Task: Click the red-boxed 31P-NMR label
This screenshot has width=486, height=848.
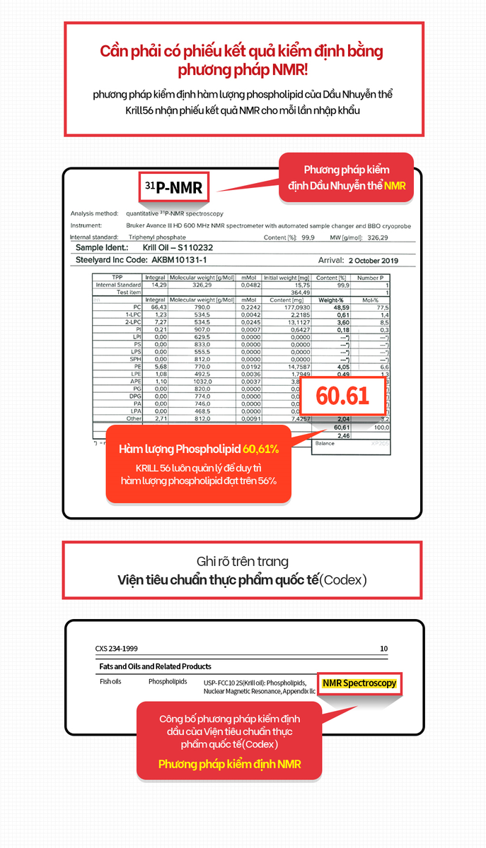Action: (173, 188)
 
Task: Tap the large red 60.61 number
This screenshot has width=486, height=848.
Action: (342, 395)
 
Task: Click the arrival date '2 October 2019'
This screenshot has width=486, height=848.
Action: (374, 261)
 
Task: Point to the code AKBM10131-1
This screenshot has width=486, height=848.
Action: (182, 261)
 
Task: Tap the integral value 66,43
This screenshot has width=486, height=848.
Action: (158, 308)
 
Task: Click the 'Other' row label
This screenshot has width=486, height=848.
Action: (133, 419)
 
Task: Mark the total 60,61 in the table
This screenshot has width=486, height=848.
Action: (342, 428)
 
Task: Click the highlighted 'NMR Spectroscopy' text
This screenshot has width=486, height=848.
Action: (359, 683)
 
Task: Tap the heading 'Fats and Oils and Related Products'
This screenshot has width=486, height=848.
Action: (156, 666)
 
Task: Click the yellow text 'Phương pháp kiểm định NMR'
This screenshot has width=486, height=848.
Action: (229, 764)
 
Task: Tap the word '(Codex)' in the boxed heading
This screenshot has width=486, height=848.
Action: (343, 580)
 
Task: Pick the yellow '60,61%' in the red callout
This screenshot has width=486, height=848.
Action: (260, 449)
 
